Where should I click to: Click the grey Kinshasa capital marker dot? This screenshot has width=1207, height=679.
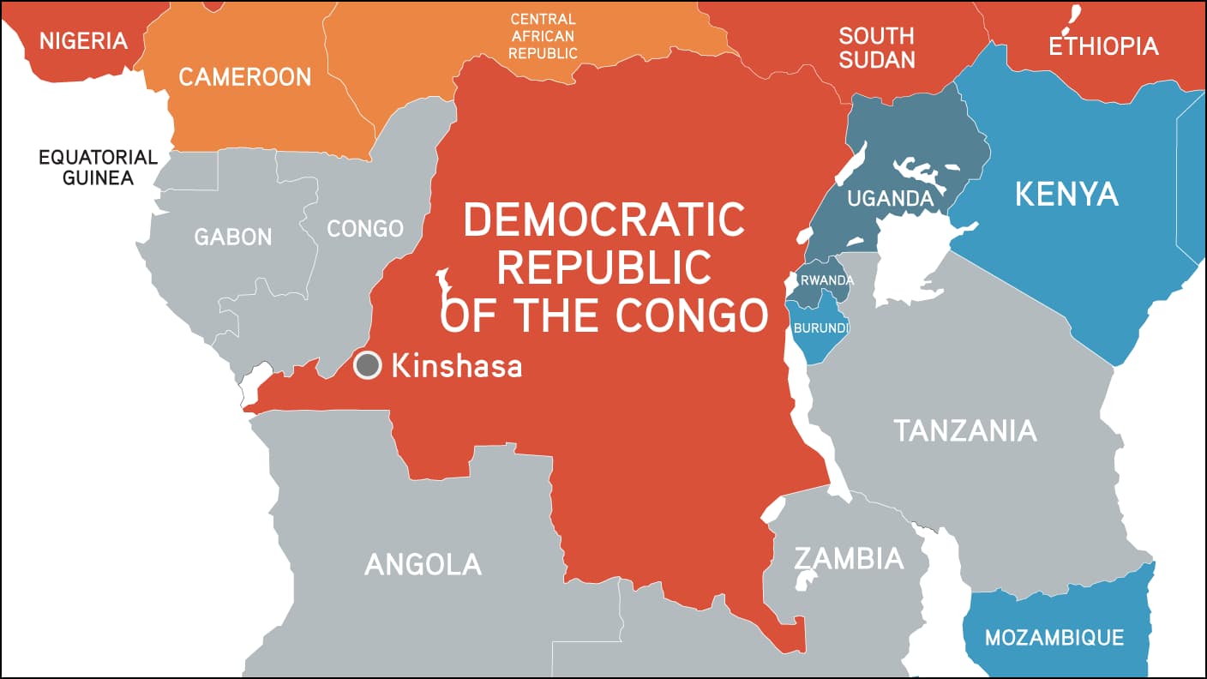(368, 366)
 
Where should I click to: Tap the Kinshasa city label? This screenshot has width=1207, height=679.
(456, 367)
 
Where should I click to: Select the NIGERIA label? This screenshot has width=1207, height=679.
(83, 40)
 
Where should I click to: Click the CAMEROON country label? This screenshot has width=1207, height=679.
(244, 77)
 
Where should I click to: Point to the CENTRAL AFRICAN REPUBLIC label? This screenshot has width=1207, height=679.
(543, 36)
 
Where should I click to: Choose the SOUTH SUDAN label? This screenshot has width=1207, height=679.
(876, 48)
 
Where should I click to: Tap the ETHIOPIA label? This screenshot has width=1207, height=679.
(1103, 45)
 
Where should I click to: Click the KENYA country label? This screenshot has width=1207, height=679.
(1066, 194)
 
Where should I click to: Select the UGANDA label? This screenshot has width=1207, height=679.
(890, 199)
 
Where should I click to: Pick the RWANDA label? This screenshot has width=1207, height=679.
(826, 280)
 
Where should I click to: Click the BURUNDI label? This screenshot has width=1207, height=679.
(821, 327)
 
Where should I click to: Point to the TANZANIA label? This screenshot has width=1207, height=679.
(965, 430)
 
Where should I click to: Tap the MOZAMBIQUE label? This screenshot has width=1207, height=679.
(1054, 638)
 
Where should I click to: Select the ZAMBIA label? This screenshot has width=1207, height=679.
(848, 558)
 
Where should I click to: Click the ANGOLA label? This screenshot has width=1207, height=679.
(423, 564)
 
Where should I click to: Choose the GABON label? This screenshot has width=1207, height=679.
(232, 237)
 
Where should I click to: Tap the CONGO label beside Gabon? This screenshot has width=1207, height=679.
(365, 229)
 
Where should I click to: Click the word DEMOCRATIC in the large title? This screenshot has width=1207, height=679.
(603, 220)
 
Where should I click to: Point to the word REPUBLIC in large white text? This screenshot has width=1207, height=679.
(603, 267)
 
